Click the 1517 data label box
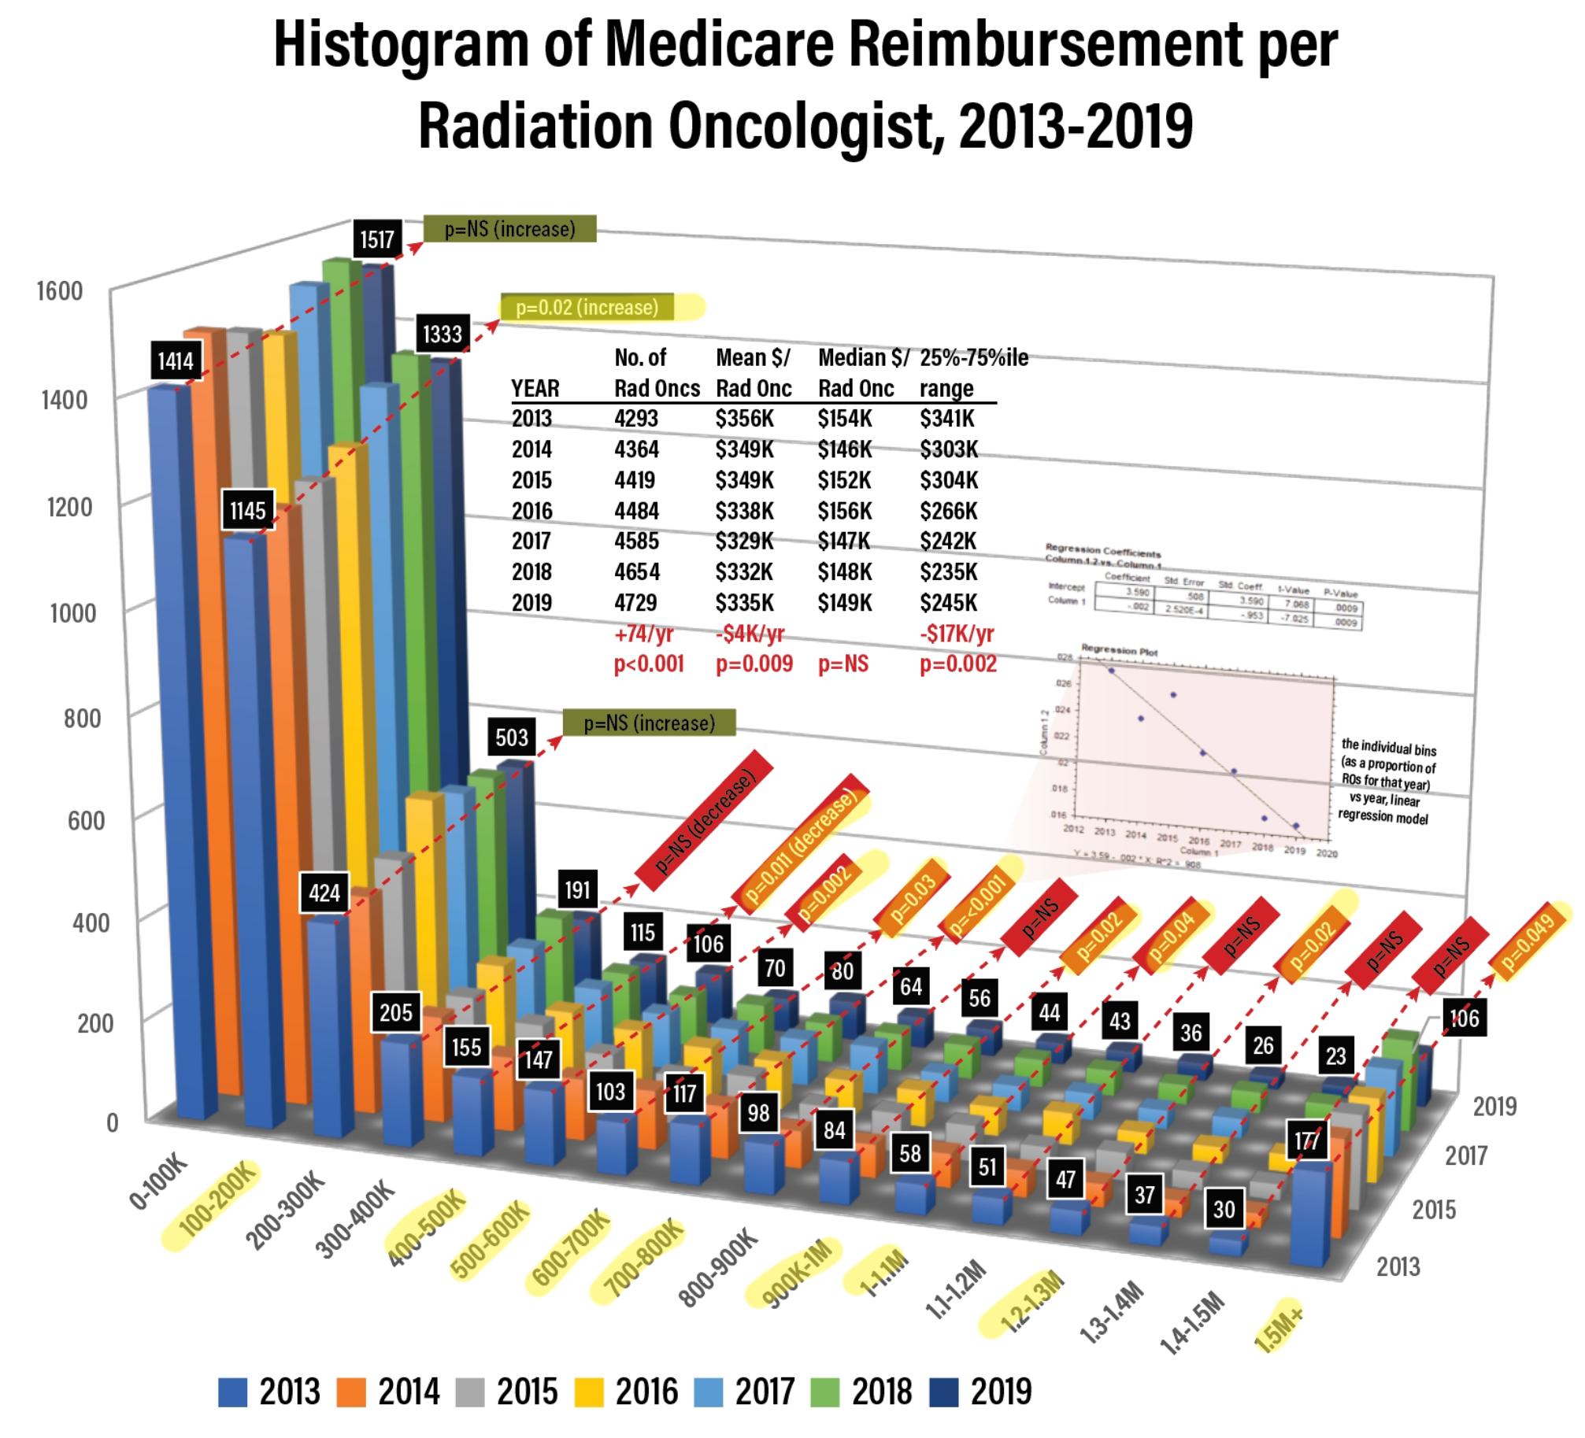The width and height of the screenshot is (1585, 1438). pos(377,238)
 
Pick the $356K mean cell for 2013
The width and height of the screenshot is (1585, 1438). pos(744,419)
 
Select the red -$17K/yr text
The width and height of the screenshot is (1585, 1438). pos(957,634)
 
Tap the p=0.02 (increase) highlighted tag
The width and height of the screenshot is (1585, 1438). pos(587,307)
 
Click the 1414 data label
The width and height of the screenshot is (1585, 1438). pos(175,361)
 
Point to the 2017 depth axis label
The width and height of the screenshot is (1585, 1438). pos(1465,1155)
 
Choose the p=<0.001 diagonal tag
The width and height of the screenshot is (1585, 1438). pos(979,907)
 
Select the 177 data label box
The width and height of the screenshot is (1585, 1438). pos(1306,1141)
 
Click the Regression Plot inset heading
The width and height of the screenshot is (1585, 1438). pos(1119,651)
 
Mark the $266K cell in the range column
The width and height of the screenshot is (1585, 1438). pos(948,511)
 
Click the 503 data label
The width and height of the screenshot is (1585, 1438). pos(512,737)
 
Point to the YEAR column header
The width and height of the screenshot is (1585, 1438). pos(535,388)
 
